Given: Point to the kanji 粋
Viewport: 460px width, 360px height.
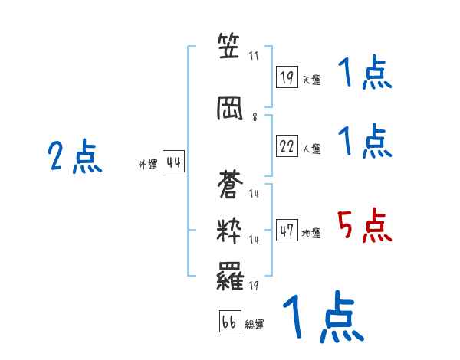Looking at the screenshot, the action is point(230,232).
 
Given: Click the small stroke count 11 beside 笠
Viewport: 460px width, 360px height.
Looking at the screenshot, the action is point(255,56).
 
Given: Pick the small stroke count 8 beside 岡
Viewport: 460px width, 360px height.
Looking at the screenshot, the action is point(255,117).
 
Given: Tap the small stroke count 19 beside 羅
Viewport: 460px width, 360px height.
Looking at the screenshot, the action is point(255,286).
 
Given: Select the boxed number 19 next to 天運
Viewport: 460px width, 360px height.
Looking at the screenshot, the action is point(287,77).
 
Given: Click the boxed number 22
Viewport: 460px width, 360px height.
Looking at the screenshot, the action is point(287,146).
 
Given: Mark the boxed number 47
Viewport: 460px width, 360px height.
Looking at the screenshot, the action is point(287,230).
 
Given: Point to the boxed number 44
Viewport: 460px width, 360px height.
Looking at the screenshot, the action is point(173,162).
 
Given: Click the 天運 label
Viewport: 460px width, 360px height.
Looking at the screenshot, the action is point(311,80).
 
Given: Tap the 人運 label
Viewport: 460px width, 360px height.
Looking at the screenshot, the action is point(311,149).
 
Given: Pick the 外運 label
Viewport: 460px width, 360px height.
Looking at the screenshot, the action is point(148,165).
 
